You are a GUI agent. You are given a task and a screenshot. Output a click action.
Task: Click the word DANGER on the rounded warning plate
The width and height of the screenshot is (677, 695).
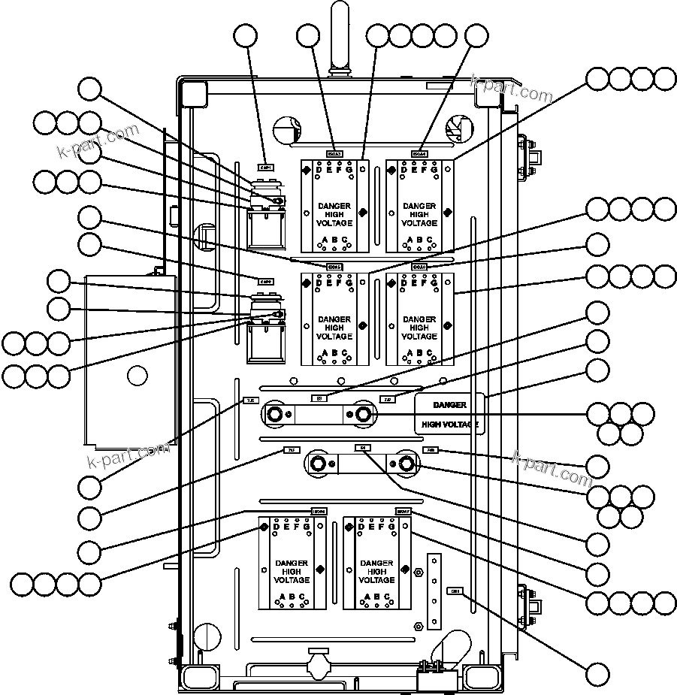coord(449,405)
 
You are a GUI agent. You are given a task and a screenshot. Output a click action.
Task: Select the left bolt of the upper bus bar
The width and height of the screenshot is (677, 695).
coord(274,414)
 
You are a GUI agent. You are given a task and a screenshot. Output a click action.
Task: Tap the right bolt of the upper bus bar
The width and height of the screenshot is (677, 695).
coord(364,414)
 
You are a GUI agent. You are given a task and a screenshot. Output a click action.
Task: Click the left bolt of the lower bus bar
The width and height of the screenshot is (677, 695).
coord(316,462)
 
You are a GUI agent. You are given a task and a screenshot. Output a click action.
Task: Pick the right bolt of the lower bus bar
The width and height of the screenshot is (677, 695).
coord(407,463)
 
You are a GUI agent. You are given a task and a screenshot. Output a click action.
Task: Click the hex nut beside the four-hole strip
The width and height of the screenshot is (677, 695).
coord(419,572)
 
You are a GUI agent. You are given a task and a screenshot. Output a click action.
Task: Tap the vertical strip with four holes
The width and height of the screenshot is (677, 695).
coord(434,592)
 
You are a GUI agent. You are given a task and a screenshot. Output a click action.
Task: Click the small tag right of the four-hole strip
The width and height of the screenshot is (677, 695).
coord(455,591)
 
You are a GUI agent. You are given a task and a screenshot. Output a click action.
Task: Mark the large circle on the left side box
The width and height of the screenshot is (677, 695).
coord(137,376)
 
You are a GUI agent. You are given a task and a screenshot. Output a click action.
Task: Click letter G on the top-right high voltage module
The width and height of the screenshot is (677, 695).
coord(433,170)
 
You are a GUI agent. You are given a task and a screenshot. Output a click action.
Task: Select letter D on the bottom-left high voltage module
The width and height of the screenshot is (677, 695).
coord(277,527)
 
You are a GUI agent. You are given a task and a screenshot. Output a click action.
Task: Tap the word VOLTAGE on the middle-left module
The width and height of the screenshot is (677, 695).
coord(334,337)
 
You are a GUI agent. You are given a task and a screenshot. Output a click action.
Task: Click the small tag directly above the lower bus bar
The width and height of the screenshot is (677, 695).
coord(362,448)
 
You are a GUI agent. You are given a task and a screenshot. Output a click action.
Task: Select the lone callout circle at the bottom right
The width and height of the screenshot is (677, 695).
coord(597,675)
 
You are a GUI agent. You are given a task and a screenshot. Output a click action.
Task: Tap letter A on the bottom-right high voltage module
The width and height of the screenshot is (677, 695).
coord(367,597)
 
